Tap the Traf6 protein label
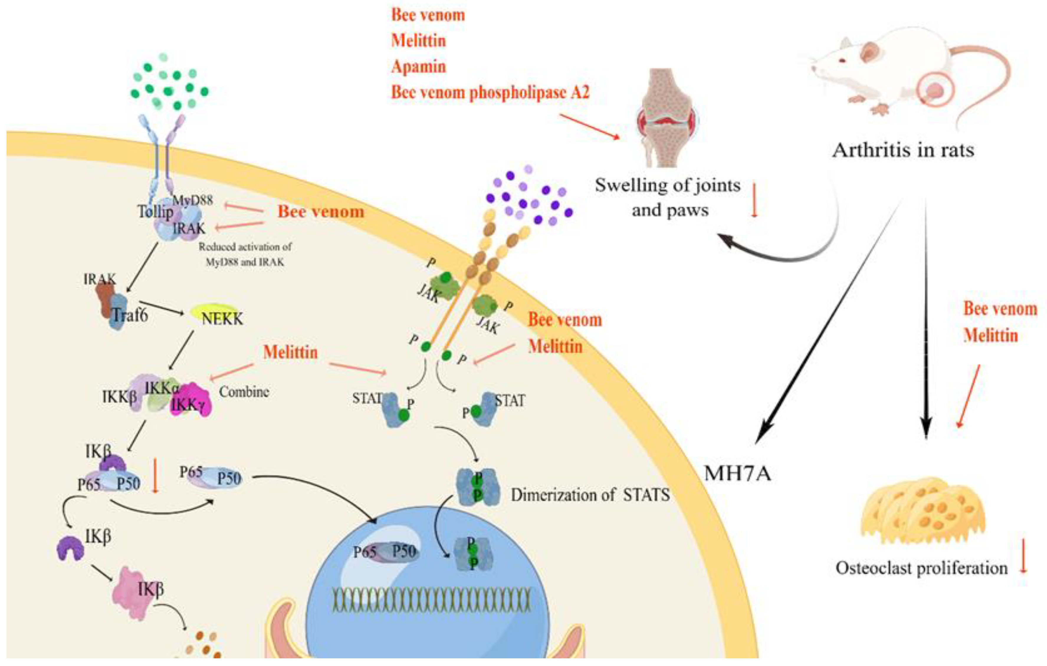(x=129, y=314)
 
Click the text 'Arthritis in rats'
(x=903, y=150)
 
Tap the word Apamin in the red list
(x=418, y=67)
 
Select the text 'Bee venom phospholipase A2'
(x=490, y=92)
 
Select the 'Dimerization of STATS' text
(x=590, y=495)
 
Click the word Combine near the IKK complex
(x=244, y=392)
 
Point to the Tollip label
(x=155, y=212)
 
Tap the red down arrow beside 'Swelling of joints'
(x=754, y=200)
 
